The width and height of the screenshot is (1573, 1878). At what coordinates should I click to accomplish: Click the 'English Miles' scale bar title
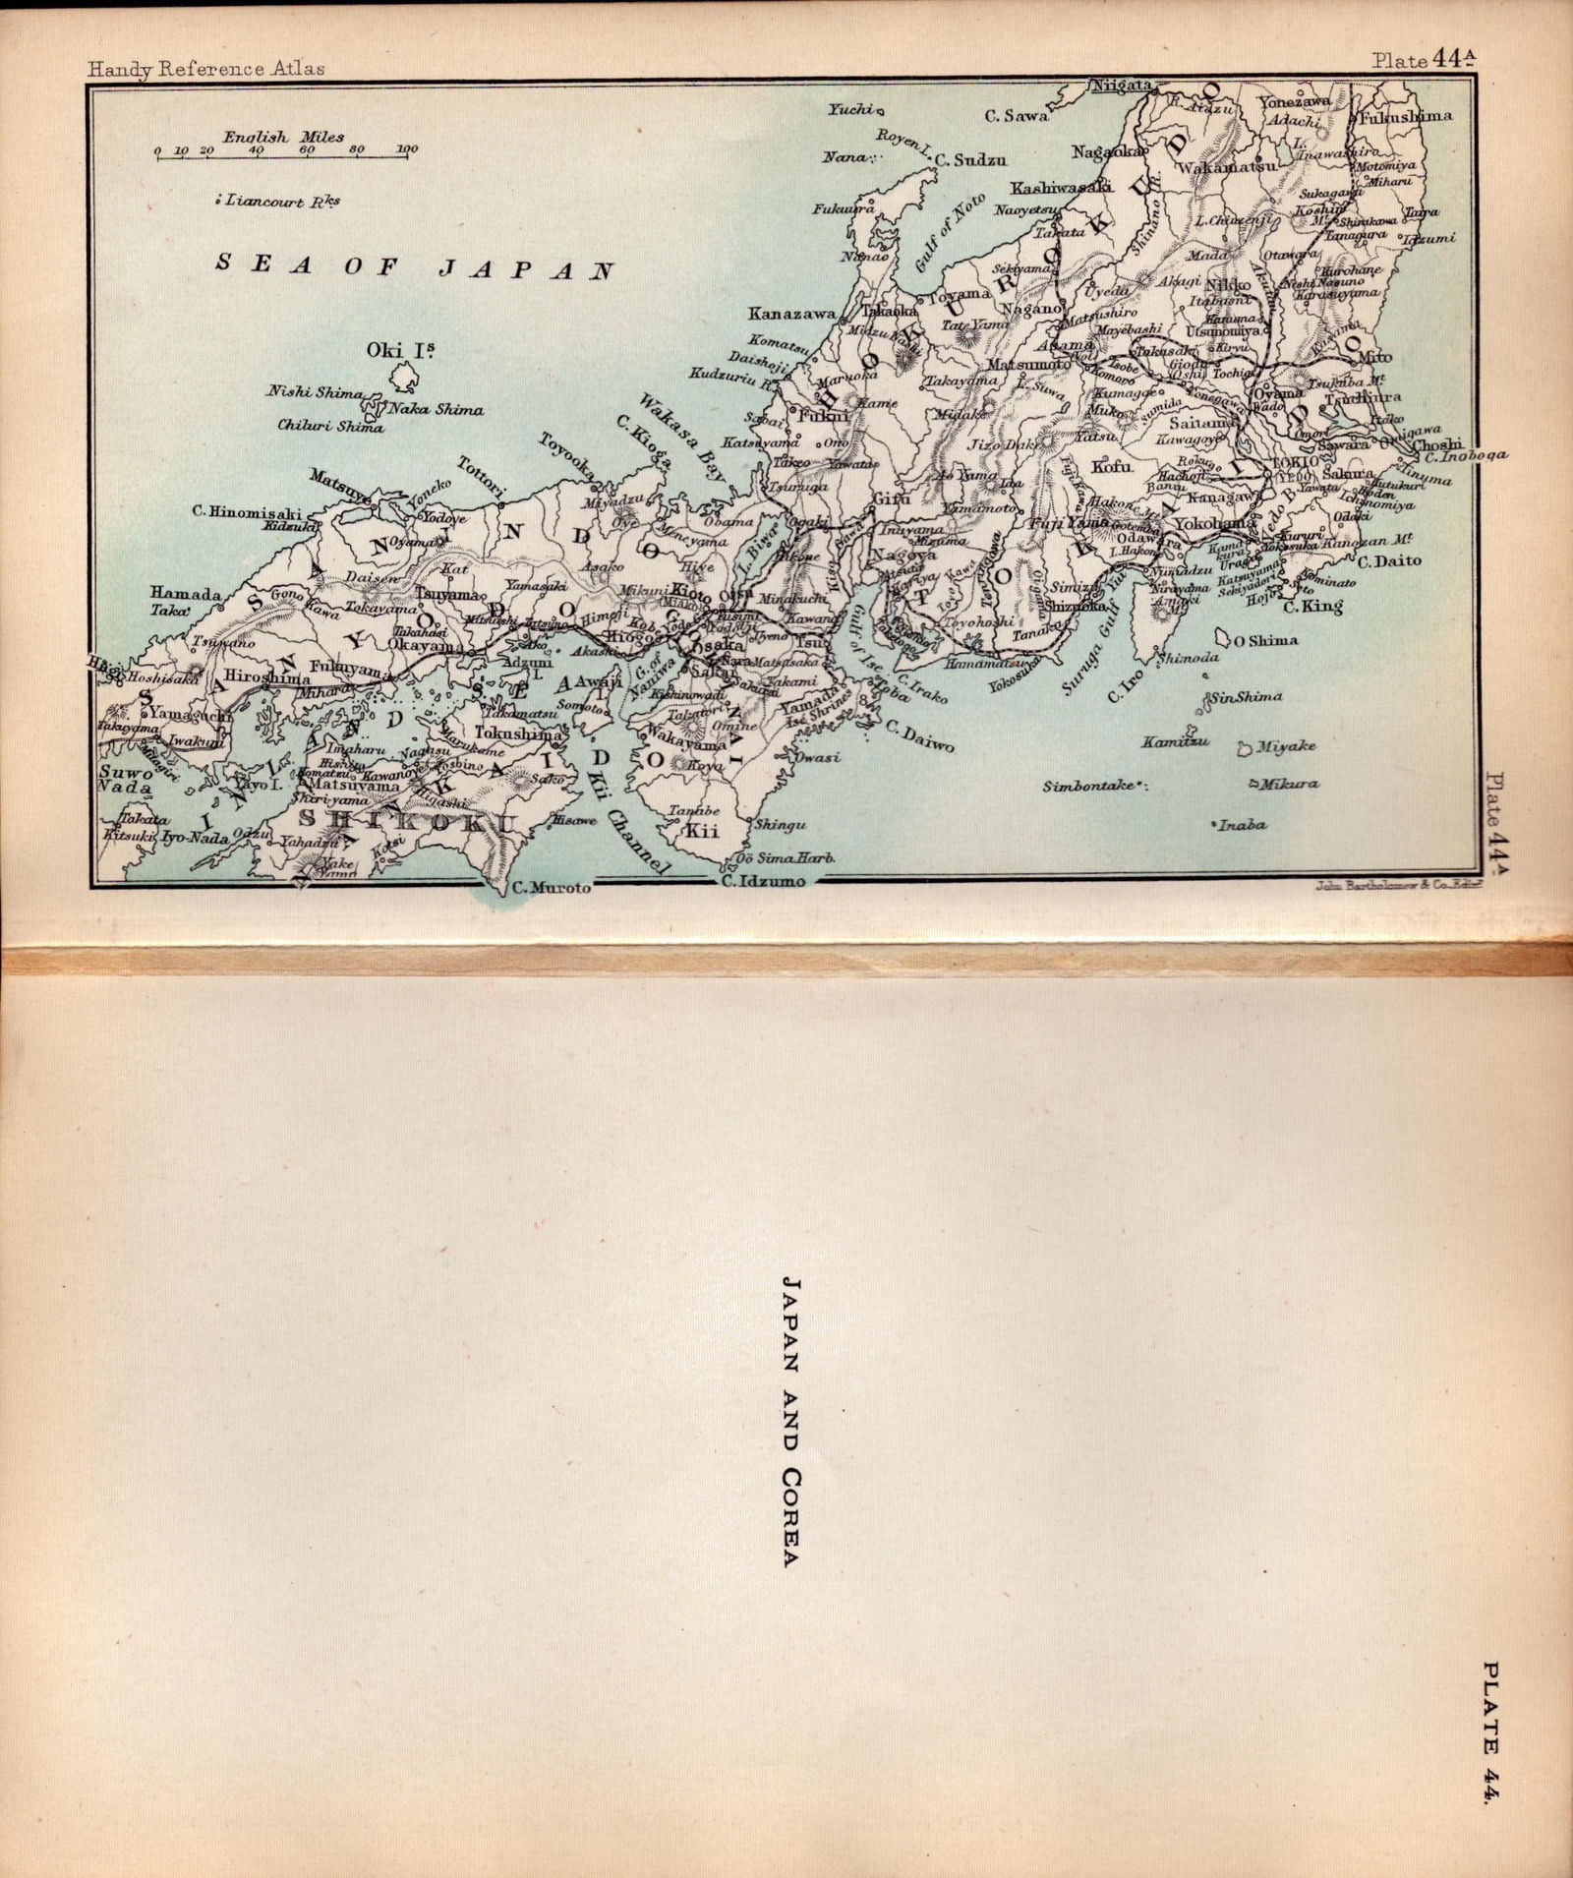pos(283,137)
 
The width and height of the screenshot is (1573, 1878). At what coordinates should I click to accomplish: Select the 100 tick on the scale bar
pos(407,149)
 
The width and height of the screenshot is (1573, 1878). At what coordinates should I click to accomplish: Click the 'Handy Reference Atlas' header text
pos(205,69)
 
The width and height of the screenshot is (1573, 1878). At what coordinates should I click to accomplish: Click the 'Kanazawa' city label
pos(790,315)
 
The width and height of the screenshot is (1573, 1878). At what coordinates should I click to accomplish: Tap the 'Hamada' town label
pos(186,593)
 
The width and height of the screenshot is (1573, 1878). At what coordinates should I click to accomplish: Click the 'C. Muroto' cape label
pos(552,888)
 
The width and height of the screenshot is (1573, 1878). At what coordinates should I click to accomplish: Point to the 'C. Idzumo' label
pos(762,882)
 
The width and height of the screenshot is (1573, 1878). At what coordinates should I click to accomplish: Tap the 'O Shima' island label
pos(1265,641)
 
